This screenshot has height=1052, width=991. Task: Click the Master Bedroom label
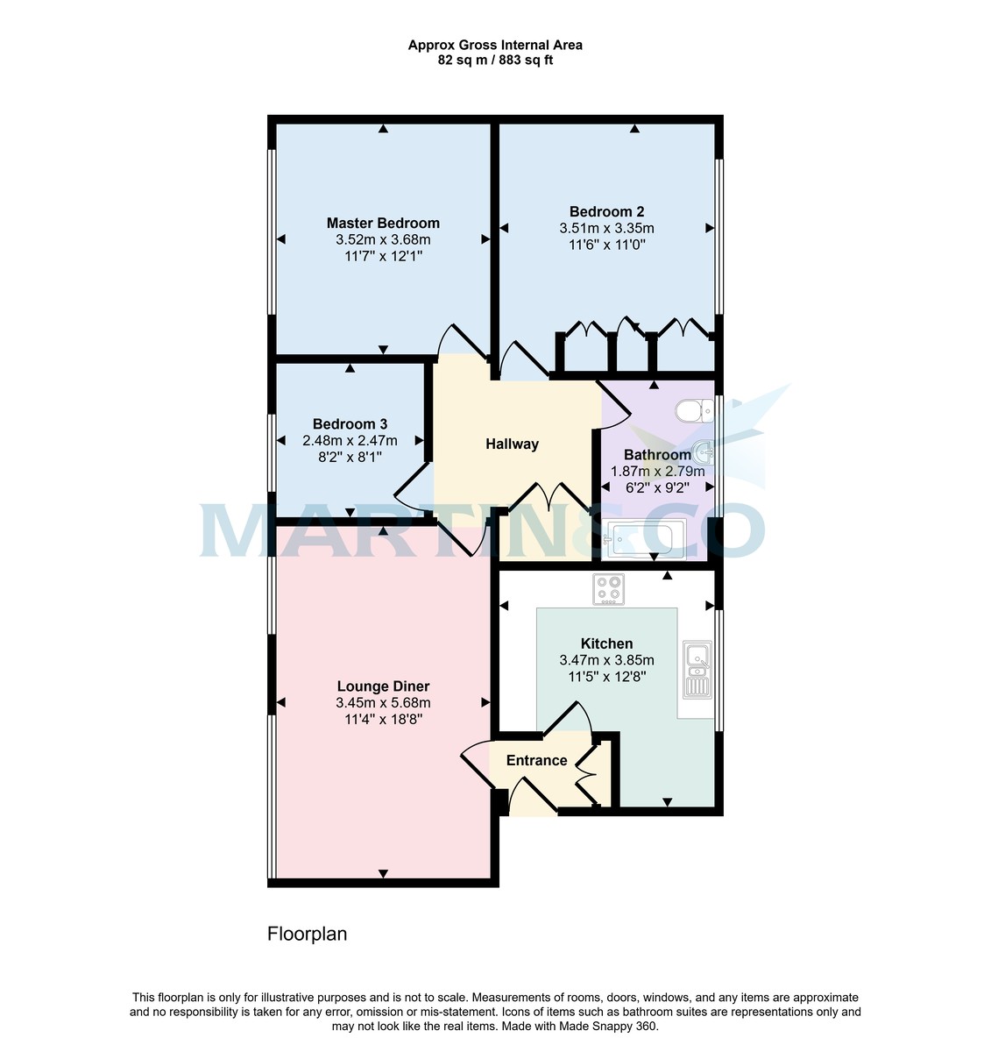click(383, 223)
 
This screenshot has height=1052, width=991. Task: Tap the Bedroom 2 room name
click(606, 211)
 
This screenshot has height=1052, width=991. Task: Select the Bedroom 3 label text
click(350, 424)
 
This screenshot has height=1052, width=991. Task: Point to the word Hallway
click(512, 444)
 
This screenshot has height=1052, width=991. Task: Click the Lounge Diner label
click(383, 686)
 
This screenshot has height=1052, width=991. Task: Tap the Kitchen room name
click(606, 643)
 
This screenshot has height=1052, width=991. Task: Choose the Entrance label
click(536, 760)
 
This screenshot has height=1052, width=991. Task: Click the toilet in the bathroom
click(696, 410)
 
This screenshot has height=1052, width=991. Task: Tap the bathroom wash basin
click(703, 453)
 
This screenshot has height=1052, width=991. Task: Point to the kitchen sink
click(698, 669)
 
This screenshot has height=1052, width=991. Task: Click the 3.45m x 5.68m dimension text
click(383, 703)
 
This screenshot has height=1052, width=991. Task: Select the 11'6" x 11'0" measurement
click(606, 245)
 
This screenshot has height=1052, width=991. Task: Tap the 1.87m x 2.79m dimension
click(657, 471)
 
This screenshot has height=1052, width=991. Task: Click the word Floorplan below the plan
click(307, 934)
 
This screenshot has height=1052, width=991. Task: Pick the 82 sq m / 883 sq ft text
click(495, 60)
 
